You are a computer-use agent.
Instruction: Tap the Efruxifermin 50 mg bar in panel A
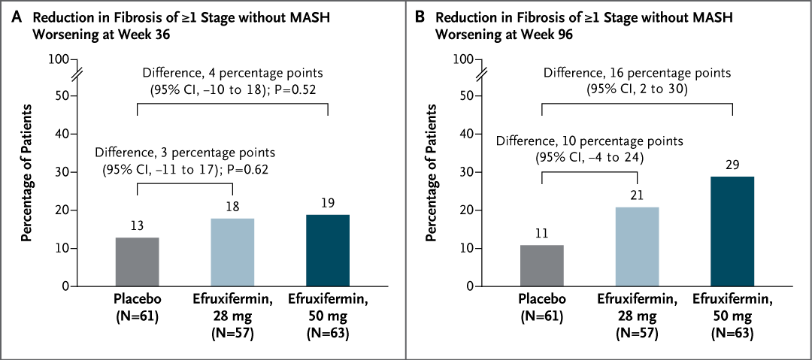pyautogui.click(x=328, y=250)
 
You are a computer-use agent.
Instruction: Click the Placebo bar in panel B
pyautogui.click(x=542, y=265)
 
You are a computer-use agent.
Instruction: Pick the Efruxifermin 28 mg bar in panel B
pyautogui.click(x=638, y=247)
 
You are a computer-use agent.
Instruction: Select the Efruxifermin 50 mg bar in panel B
pyautogui.click(x=732, y=231)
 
